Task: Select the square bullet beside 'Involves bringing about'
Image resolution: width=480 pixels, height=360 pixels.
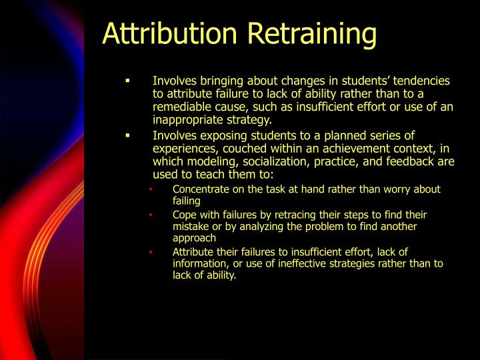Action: click(x=126, y=81)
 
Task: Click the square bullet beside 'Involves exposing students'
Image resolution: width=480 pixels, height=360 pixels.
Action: click(x=126, y=135)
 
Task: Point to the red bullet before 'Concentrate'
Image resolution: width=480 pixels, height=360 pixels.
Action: click(x=151, y=189)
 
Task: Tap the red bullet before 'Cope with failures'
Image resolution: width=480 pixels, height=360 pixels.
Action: click(x=151, y=215)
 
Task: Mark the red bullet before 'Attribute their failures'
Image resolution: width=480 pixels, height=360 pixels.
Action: click(x=151, y=251)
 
